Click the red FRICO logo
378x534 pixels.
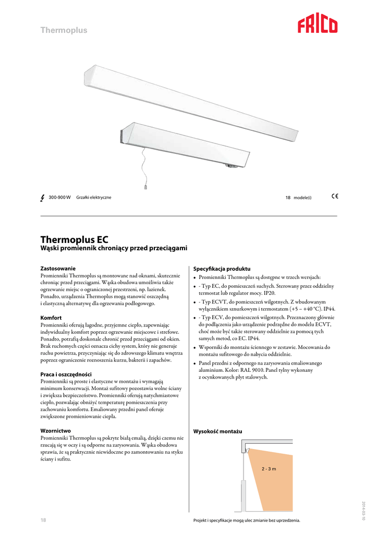click(x=318, y=25)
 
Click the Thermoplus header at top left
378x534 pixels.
click(x=64, y=30)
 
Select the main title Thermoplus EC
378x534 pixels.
click(x=75, y=240)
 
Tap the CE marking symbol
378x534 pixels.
click(x=335, y=197)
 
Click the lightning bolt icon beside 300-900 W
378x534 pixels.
click(x=42, y=198)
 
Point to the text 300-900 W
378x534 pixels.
click(x=59, y=197)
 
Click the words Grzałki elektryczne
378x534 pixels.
click(x=94, y=197)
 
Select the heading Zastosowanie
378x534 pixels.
click(x=58, y=268)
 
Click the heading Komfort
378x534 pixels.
click(x=51, y=318)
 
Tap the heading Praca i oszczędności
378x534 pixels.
click(x=66, y=374)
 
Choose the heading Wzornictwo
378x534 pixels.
click(x=55, y=431)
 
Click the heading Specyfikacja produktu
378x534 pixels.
click(x=222, y=268)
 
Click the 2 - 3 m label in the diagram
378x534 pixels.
click(x=269, y=469)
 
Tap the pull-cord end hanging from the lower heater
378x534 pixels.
click(x=146, y=186)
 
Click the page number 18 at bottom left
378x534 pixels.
click(x=44, y=520)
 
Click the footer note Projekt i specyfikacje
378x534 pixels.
click(x=247, y=521)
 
